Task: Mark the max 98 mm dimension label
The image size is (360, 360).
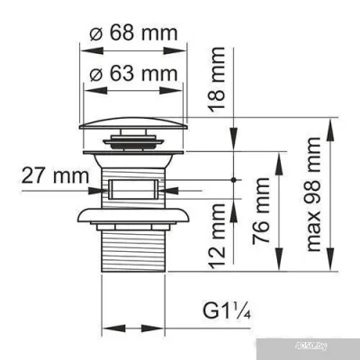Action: point(314,202)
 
